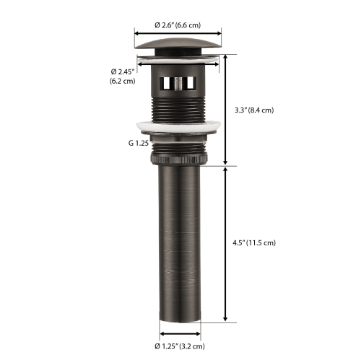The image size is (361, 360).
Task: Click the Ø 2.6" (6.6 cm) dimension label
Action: [x=178, y=25]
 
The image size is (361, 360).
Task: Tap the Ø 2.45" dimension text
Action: [x=122, y=71]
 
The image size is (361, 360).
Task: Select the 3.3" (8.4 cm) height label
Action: [x=255, y=110]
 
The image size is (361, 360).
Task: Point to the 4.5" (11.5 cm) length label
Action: [x=256, y=242]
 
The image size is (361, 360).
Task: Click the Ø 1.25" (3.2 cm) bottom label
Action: [x=178, y=346]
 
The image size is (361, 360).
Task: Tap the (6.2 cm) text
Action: [x=122, y=81]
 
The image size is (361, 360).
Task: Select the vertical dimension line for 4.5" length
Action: [x=226, y=242]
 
